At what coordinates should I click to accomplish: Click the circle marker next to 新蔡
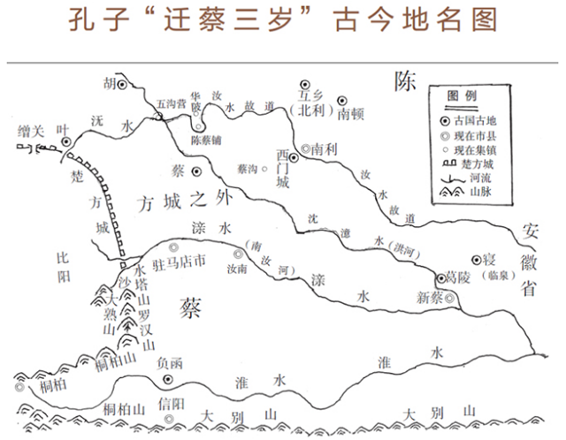[451, 299]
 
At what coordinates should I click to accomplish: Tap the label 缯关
[30, 130]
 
